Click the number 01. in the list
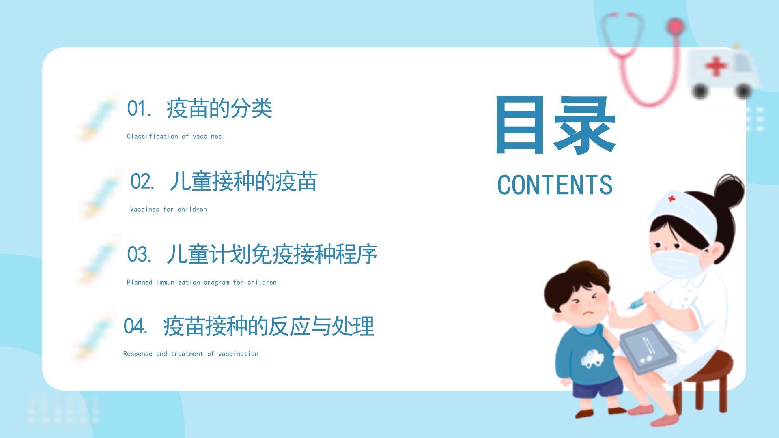(139, 109)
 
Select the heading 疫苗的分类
(219, 109)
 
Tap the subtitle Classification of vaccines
(174, 136)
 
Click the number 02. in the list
(142, 181)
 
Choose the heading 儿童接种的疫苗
(243, 181)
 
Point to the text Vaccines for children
(168, 209)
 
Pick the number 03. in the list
(139, 254)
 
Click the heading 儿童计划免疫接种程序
(272, 254)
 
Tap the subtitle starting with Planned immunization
(202, 282)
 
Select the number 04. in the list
(136, 326)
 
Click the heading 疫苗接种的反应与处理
(268, 326)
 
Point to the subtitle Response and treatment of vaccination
(191, 354)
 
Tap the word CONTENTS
(555, 185)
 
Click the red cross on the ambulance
(716, 66)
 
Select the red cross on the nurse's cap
(671, 199)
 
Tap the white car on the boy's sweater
(593, 359)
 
